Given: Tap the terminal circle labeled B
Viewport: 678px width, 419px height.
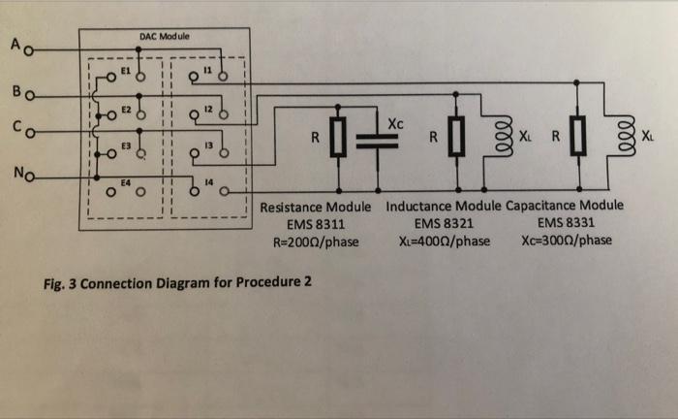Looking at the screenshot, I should [32, 97].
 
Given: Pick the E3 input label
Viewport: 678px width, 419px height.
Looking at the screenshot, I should [124, 144].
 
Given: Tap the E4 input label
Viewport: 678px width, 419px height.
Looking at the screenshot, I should [124, 181].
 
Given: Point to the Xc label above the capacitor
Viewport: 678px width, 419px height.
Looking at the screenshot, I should [393, 123].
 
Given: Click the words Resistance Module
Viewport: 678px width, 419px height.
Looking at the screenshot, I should [317, 208].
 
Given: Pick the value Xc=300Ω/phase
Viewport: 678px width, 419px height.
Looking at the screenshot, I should [565, 241].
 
